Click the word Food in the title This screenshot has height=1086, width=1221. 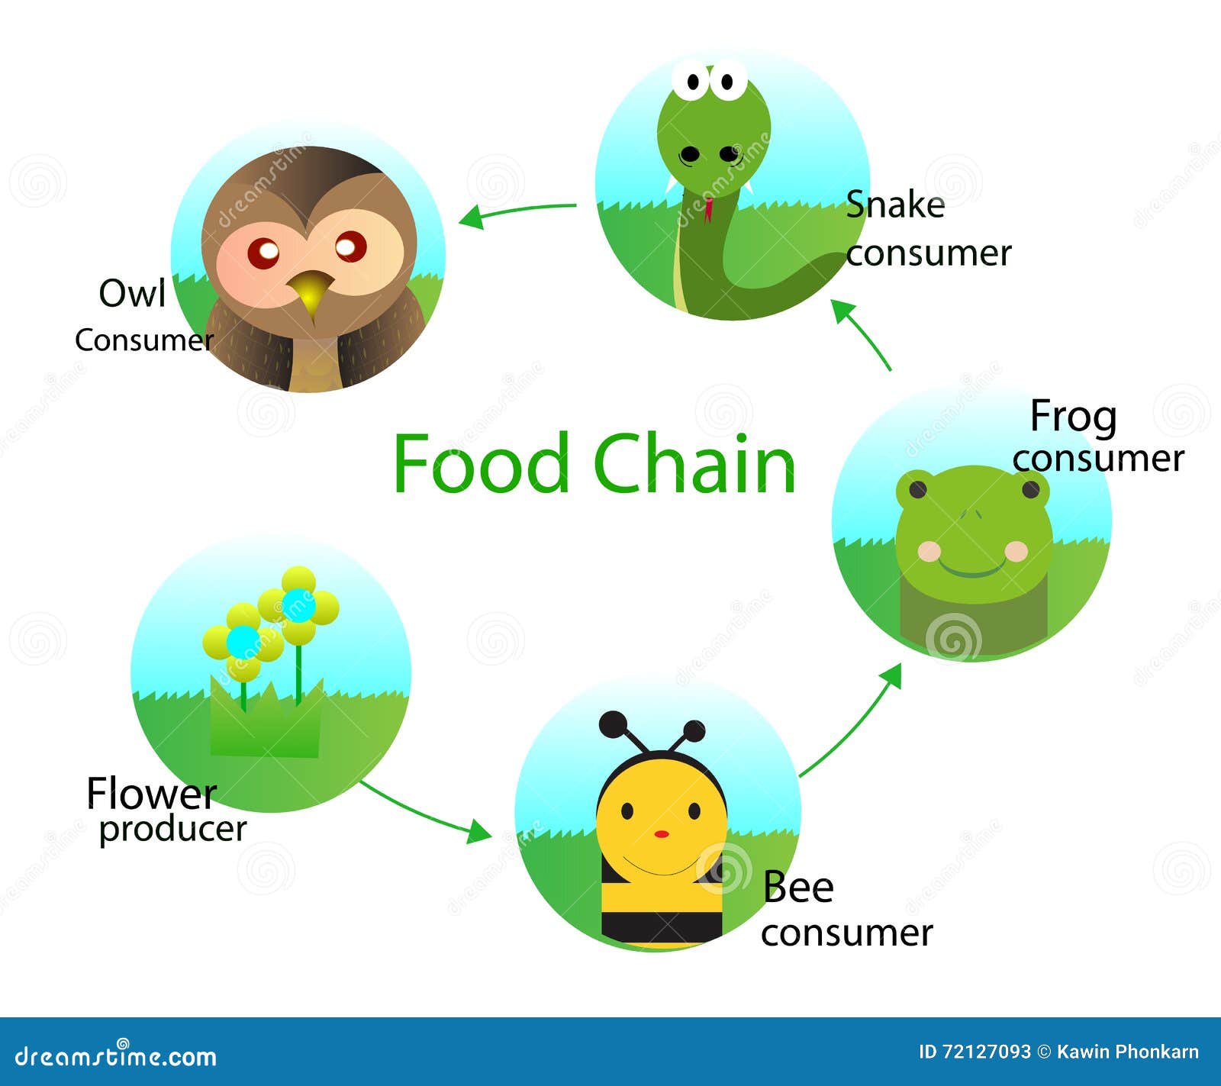pos(482,462)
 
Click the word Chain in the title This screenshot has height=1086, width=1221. pos(694,462)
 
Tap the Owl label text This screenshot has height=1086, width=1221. pos(132,293)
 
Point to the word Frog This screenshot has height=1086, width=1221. pos(1073,418)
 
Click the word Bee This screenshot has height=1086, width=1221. pos(798,887)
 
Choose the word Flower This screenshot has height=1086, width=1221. pos(151,793)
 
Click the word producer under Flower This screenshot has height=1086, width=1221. pos(173,830)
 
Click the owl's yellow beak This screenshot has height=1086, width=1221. pos(310,292)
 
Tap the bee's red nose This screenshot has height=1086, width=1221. pos(662,833)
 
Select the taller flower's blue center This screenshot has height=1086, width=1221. pos(298,605)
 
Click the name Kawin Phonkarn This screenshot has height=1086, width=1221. pos(1127,1052)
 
